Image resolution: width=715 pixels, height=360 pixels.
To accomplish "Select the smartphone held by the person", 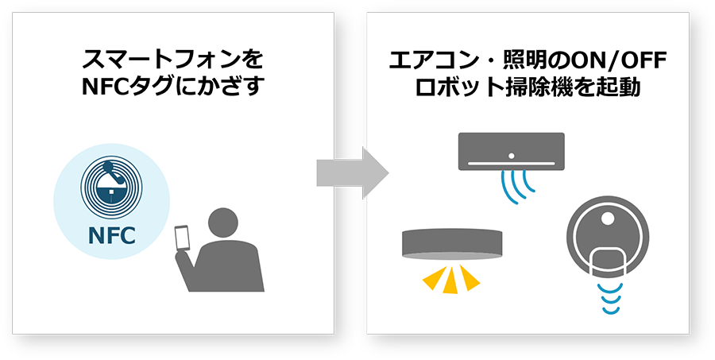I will [183, 238].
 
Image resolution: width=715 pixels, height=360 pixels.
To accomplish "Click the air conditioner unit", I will [511, 151].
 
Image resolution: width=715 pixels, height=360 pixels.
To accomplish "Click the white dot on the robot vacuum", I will [609, 215].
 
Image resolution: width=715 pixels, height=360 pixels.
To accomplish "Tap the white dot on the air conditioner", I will [511, 154].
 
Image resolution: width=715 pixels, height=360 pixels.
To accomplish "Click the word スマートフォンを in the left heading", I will [172, 60].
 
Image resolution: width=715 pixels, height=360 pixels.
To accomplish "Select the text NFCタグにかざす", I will [172, 87].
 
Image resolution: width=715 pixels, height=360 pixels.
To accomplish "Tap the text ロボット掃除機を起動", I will [528, 87].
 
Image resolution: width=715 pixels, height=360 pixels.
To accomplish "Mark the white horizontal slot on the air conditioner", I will [511, 164].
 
